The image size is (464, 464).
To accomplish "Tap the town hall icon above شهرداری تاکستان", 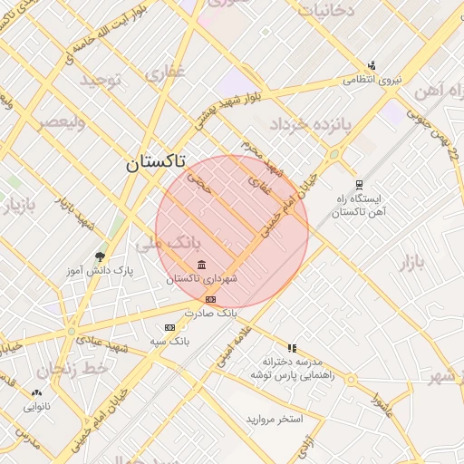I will [201, 265].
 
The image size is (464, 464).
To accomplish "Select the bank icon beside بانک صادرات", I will [210, 299].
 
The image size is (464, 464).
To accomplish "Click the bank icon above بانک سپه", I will [169, 327].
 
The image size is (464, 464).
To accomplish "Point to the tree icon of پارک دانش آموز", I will [101, 256].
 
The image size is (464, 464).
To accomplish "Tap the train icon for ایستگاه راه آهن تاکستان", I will [359, 183].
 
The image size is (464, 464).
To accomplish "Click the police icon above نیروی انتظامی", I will [372, 65].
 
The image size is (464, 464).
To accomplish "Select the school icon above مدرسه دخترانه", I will [292, 348].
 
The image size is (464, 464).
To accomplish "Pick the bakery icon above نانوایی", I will [36, 393].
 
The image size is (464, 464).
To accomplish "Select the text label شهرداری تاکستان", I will [201, 279].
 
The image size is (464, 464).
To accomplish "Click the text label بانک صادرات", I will [208, 312].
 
